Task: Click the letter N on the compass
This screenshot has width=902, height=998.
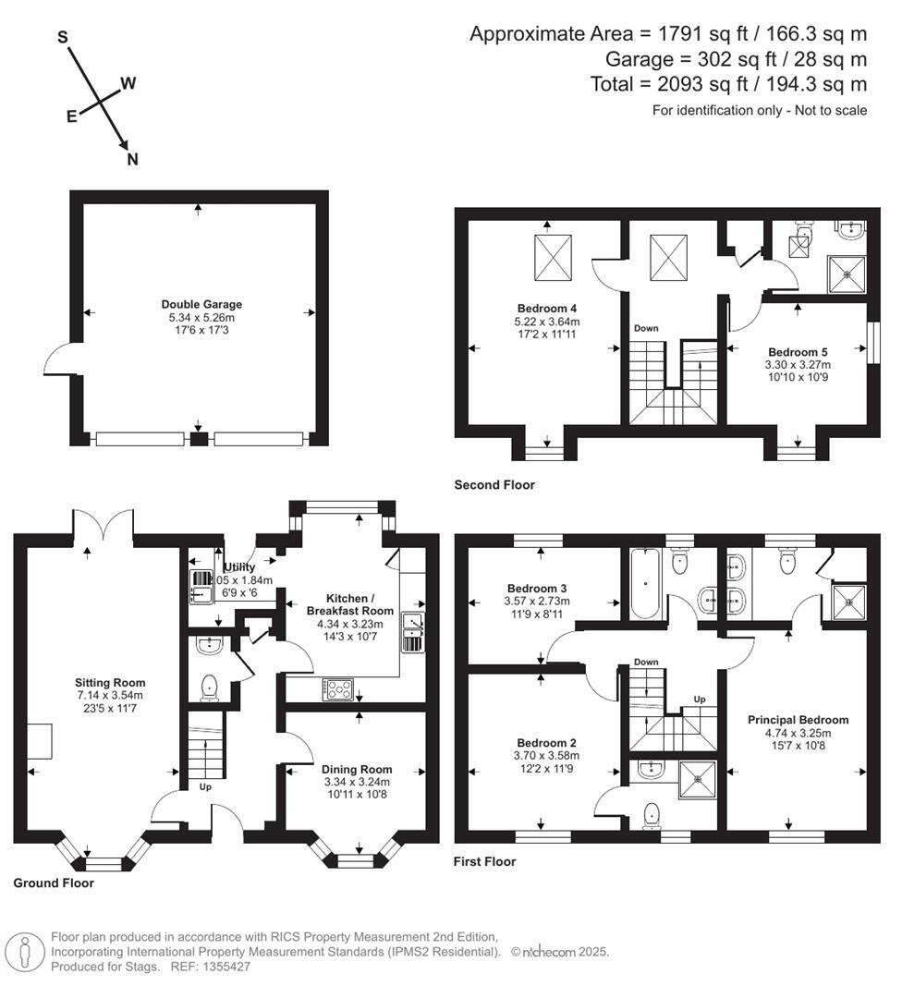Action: point(132,159)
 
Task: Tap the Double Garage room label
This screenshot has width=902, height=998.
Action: point(201,304)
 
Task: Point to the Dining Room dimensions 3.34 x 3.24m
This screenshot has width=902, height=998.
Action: point(356,782)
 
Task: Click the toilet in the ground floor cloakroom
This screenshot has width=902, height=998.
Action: point(209,687)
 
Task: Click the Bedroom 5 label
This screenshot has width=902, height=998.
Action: point(798,351)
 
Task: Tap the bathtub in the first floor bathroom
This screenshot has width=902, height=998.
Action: point(644,584)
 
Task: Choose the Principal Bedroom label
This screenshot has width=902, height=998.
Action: point(798,720)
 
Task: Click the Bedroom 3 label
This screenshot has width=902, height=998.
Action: point(537,588)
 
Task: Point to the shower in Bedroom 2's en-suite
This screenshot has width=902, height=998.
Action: point(697,778)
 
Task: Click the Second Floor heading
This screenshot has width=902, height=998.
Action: point(494,484)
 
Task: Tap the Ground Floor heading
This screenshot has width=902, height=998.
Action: point(54,882)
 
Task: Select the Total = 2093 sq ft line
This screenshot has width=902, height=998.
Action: point(728,85)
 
